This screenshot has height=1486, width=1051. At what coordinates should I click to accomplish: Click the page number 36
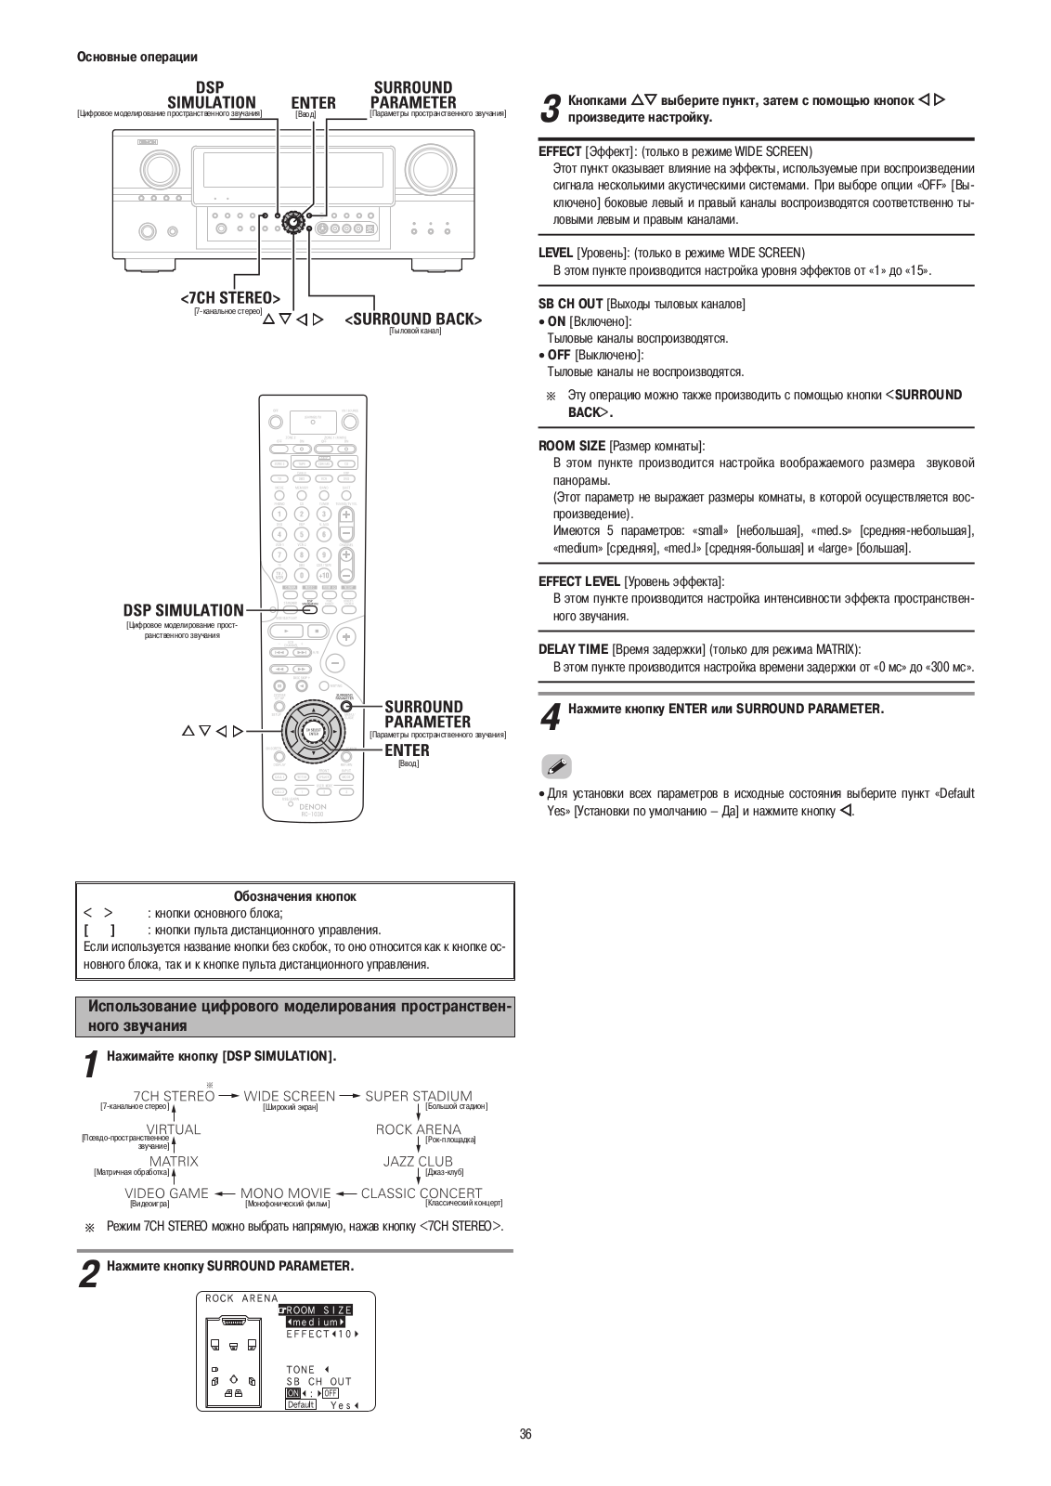(x=525, y=1434)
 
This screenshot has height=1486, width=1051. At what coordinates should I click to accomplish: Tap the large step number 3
(x=550, y=109)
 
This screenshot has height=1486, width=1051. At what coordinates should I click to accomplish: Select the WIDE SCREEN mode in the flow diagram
(x=289, y=1096)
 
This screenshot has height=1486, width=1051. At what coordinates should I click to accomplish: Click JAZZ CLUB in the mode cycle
(x=418, y=1161)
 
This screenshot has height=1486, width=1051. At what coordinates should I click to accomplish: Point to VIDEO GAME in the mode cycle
(x=166, y=1193)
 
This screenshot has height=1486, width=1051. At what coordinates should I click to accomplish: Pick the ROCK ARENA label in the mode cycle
(x=418, y=1129)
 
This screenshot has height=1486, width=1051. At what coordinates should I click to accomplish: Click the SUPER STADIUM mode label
(x=418, y=1096)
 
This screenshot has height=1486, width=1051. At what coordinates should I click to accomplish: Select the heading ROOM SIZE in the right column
(x=572, y=446)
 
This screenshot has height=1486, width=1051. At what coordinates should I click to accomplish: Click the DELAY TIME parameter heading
(x=573, y=649)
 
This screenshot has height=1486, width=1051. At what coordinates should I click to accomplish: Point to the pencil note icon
(x=556, y=766)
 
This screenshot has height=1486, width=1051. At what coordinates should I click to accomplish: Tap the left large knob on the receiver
(x=158, y=168)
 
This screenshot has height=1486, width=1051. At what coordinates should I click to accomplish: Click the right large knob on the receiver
(x=429, y=167)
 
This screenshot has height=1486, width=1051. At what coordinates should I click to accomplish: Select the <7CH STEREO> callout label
(x=230, y=298)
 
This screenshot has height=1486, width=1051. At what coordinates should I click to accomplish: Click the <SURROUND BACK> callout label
(x=413, y=319)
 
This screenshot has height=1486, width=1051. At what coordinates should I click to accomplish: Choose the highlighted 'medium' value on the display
(x=316, y=1322)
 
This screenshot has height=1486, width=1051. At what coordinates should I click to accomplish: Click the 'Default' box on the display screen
(x=301, y=1404)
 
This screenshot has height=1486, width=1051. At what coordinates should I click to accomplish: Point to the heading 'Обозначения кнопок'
(x=294, y=896)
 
